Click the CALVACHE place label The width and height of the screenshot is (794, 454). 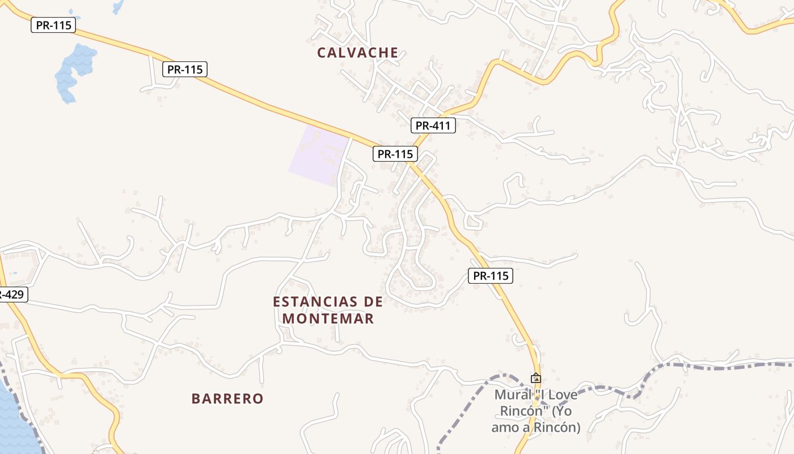[357, 53]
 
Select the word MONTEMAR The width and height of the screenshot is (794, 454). [328, 318]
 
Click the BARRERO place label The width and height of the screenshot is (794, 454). [227, 398]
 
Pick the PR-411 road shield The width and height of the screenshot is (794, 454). [433, 125]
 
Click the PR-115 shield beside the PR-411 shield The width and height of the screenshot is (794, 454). [395, 153]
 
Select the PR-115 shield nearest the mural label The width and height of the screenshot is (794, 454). [491, 276]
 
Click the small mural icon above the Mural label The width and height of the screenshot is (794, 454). [535, 378]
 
